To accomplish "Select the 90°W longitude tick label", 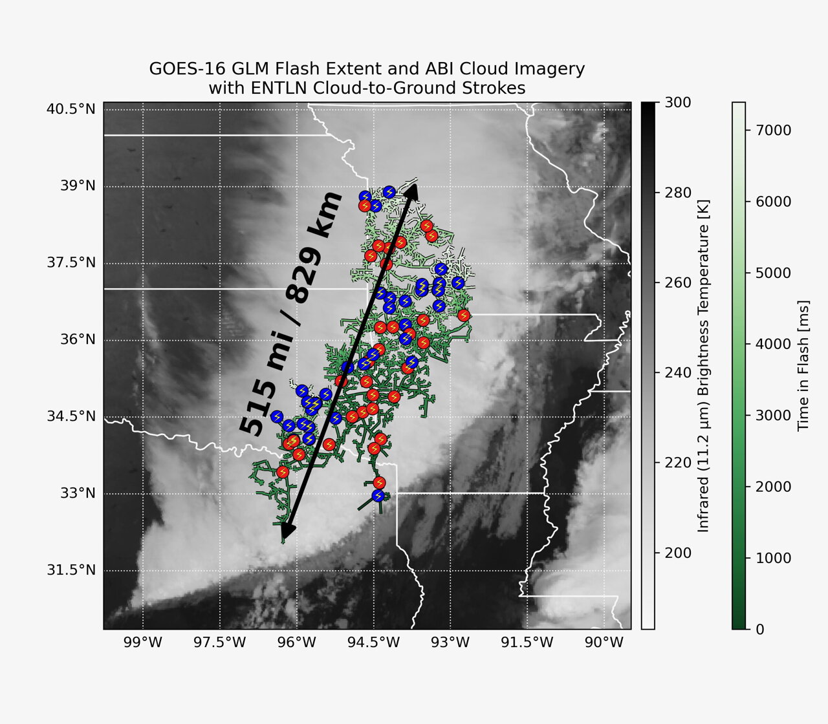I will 604,643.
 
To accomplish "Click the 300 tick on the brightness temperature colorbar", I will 678,103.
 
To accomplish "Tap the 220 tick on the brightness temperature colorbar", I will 678,463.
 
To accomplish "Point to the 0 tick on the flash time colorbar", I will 759,629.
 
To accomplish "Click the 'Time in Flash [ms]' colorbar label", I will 804,365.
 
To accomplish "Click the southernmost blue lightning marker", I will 378,496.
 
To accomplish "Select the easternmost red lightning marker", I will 463,315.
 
